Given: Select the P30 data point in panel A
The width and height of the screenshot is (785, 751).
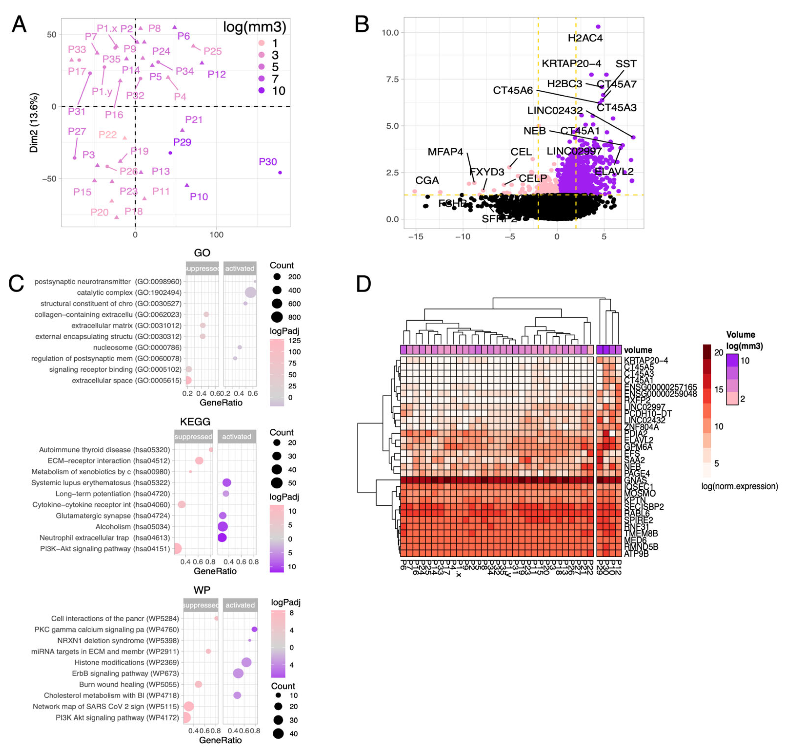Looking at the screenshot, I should (280, 173).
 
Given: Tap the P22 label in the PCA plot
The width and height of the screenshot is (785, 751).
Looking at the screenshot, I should (107, 134).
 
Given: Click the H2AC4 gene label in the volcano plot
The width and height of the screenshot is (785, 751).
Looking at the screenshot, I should (585, 38).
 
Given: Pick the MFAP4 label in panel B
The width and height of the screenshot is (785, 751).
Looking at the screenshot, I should (445, 152).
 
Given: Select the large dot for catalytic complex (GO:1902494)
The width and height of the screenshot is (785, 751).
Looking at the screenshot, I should (251, 293).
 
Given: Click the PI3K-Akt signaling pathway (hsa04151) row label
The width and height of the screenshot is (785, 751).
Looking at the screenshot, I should (105, 549).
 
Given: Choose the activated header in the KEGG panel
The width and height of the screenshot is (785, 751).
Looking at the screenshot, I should (237, 437).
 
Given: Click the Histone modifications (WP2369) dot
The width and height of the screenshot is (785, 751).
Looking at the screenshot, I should (246, 663).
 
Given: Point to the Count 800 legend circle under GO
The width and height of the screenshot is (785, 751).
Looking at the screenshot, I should (277, 317).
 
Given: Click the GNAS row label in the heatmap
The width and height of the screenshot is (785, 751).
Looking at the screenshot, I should (635, 480).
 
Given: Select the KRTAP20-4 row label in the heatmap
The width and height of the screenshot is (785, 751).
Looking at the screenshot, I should (646, 360).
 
